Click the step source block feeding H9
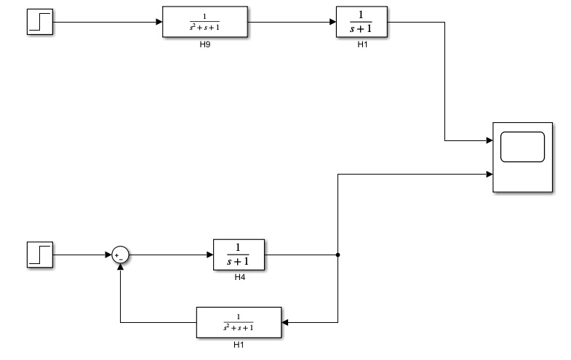pyautogui.click(x=39, y=22)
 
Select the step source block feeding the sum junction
pyautogui.click(x=39, y=255)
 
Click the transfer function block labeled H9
pyautogui.click(x=204, y=22)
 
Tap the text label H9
pyautogui.click(x=204, y=45)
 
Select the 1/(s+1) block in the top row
pyautogui.click(x=362, y=22)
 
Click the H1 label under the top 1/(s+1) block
pyautogui.click(x=362, y=45)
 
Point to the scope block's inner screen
pyautogui.click(x=522, y=147)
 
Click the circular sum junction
pyautogui.click(x=120, y=255)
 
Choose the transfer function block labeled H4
pyautogui.click(x=239, y=255)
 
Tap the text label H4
pyautogui.click(x=239, y=278)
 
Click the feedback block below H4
pyautogui.click(x=239, y=322)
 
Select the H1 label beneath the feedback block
pyautogui.click(x=239, y=345)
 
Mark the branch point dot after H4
pyautogui.click(x=338, y=255)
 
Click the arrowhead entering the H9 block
pyautogui.click(x=159, y=22)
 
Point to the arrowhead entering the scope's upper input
pyautogui.click(x=490, y=140)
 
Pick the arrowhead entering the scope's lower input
pyautogui.click(x=490, y=174)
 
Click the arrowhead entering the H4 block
pyautogui.click(x=209, y=255)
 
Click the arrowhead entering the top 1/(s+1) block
pyautogui.click(x=332, y=22)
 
